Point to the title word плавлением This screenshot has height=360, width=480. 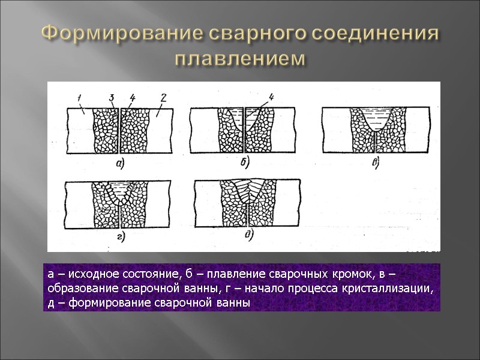(240, 59)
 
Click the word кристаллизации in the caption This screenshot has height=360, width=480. (393, 289)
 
